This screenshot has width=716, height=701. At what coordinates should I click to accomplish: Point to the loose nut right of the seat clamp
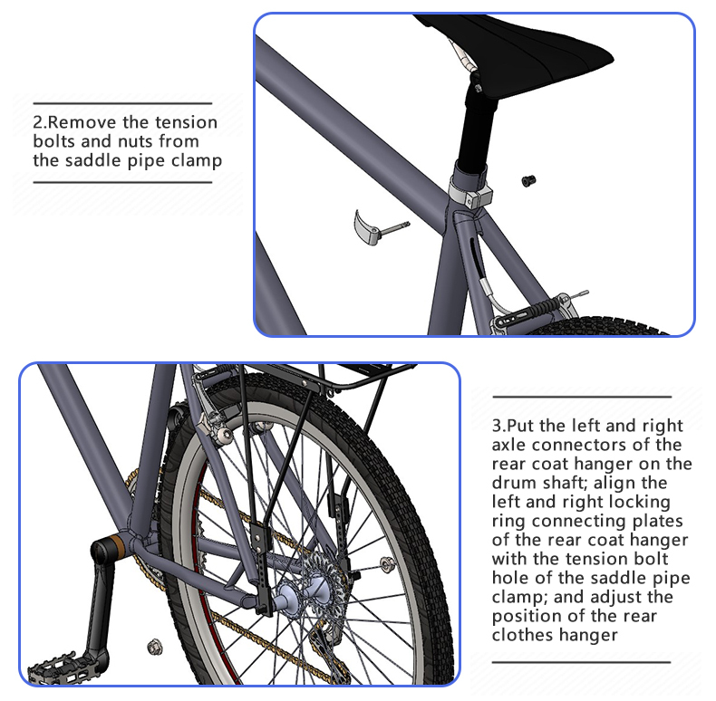pyautogui.click(x=528, y=181)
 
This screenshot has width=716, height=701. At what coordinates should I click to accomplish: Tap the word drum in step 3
pyautogui.click(x=514, y=483)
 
